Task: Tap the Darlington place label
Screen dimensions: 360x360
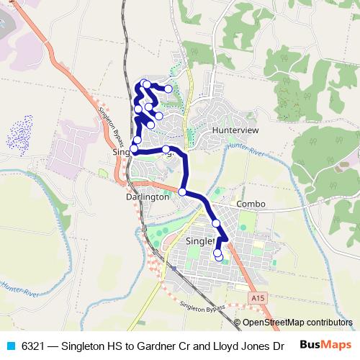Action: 147,197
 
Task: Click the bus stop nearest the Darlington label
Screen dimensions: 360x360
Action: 183,192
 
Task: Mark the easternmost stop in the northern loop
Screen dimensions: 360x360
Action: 169,89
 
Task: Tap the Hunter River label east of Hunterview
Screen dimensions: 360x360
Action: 243,147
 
